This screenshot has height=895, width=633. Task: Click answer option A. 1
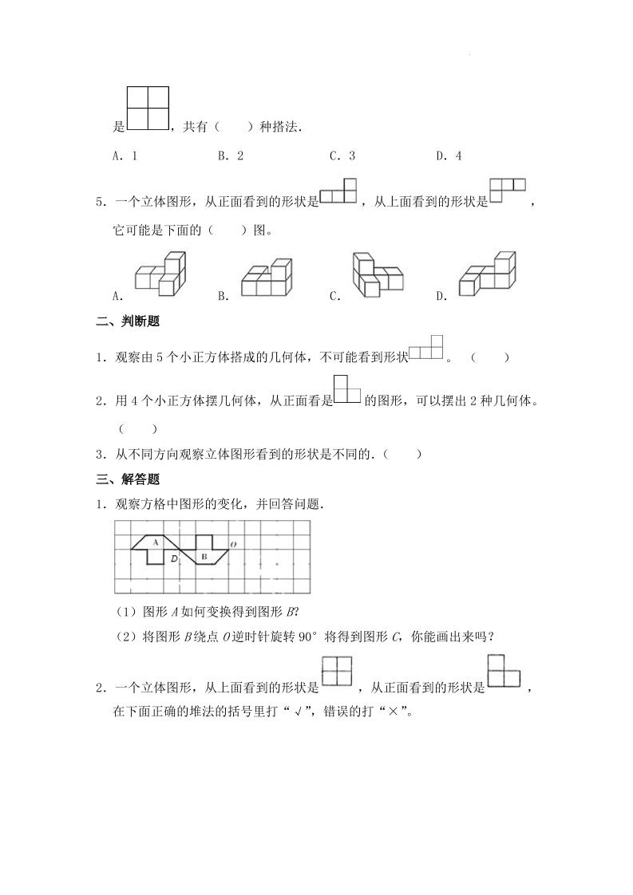125,156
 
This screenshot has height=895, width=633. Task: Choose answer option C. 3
342,156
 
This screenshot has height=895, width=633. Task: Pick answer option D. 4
449,156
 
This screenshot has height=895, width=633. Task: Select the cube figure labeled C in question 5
376,275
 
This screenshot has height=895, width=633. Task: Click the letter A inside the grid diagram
155,542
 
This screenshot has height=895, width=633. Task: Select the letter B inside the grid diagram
204,556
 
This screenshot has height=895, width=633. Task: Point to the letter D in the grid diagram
174,558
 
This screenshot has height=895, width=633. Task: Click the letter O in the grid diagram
232,545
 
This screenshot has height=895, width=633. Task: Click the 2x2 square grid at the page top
148,108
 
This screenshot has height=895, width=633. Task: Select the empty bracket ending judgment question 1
489,358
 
